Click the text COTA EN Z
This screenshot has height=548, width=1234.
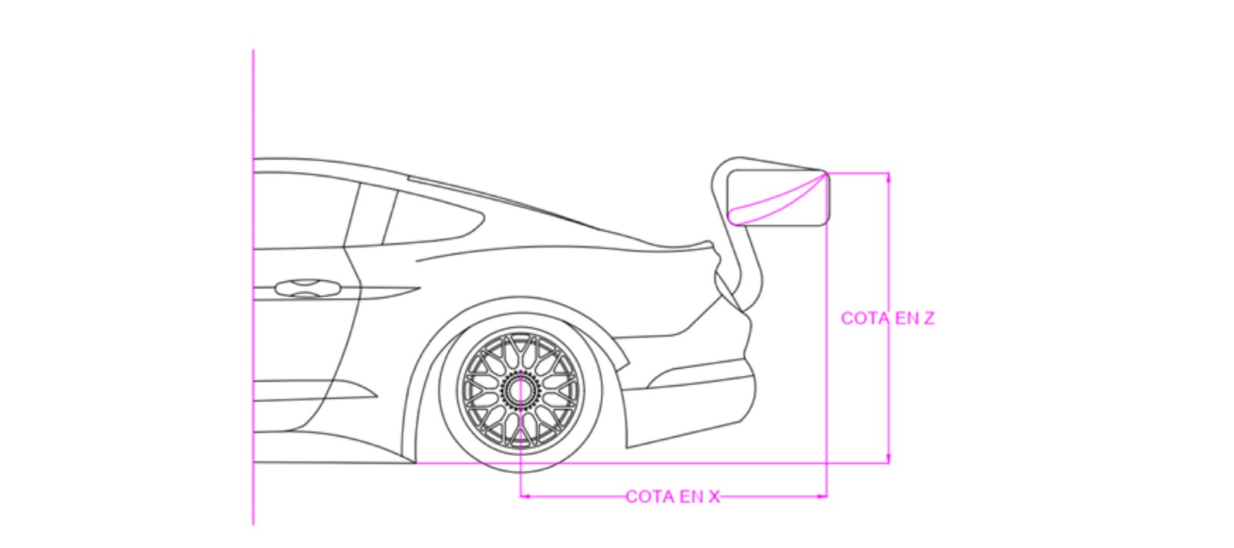[887, 318]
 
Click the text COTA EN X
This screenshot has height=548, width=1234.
[673, 496]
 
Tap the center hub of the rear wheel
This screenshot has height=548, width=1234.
[520, 390]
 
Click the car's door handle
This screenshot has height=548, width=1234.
[308, 288]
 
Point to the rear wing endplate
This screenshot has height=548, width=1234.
[779, 198]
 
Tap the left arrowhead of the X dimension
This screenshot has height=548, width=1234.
[525, 496]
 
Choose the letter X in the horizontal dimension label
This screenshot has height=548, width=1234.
[713, 496]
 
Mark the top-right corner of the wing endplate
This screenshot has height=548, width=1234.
[827, 173]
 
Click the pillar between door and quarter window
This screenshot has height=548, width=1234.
[372, 216]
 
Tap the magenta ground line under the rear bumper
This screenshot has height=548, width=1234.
[694, 463]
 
